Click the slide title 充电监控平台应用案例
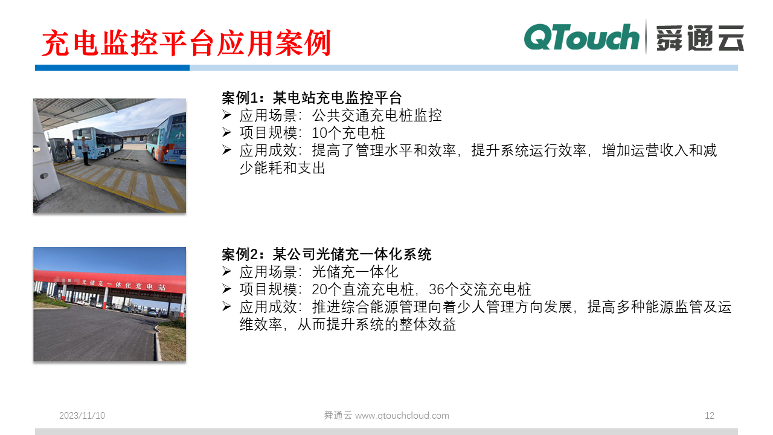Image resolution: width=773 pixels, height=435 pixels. (x=187, y=43)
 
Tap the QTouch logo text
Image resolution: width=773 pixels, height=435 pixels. (x=581, y=37)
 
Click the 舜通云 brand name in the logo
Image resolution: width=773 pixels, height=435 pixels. (x=701, y=38)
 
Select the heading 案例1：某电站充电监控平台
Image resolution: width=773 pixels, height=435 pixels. (x=312, y=98)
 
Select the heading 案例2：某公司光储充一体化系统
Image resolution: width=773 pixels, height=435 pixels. (x=326, y=254)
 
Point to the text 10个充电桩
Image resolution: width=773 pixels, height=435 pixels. (x=348, y=133)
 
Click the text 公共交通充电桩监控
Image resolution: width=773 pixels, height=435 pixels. (x=377, y=115)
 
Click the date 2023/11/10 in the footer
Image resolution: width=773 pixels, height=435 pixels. (x=82, y=416)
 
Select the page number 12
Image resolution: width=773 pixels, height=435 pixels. (x=710, y=416)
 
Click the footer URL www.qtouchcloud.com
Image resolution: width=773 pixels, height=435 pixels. (x=402, y=416)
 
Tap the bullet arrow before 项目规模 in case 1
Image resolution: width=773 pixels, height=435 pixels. (x=227, y=133)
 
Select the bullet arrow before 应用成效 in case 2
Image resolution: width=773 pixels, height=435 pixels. (x=227, y=307)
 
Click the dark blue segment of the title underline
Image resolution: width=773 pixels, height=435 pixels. (x=112, y=68)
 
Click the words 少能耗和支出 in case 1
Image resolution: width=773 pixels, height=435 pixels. (x=282, y=168)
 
